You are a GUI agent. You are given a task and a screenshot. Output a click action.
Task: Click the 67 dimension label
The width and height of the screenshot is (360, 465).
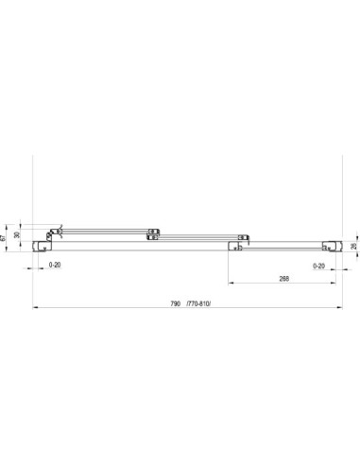(x=4, y=238)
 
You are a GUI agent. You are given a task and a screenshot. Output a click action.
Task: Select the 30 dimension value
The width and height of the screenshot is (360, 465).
(x=17, y=234)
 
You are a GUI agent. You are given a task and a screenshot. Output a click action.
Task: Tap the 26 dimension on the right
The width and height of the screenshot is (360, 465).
(x=353, y=246)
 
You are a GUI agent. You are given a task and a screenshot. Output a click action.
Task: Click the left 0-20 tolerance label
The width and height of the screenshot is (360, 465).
(x=55, y=265)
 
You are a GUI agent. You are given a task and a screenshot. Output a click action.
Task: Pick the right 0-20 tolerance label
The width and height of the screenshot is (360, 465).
(x=318, y=266)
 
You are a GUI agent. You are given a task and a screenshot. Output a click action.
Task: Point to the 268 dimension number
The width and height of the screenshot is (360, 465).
(x=283, y=279)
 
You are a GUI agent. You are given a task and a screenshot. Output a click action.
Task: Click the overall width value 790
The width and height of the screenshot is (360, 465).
(x=175, y=303)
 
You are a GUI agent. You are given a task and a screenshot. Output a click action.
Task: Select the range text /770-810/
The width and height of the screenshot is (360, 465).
(x=198, y=303)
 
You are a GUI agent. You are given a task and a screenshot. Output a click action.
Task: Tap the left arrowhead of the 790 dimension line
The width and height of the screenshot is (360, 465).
(x=35, y=307)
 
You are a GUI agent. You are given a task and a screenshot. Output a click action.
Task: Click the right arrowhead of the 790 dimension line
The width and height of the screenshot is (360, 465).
(x=339, y=307)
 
